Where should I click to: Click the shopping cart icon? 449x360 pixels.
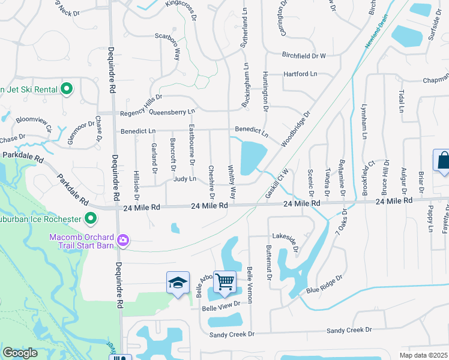224,281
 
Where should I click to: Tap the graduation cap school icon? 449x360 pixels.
177,283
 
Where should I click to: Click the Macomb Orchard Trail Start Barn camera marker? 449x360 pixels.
123,240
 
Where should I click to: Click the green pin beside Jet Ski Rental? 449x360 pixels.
67,89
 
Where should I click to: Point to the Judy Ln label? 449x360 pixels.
185,179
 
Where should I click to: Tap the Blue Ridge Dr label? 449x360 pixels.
324,284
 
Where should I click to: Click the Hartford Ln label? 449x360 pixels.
301,74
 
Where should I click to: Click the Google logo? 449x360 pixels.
20,353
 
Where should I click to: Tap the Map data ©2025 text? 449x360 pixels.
423,355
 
